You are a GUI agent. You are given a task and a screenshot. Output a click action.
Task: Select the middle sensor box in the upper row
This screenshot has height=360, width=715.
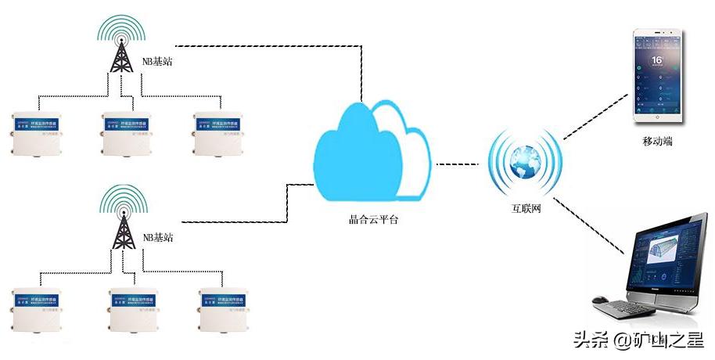click(131, 132)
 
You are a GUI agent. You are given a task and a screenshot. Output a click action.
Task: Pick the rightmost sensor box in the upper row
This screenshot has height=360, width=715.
click(222, 132)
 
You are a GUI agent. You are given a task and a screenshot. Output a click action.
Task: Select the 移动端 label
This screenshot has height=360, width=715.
click(657, 142)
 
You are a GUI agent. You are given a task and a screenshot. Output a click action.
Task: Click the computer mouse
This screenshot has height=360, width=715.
click(601, 299)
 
